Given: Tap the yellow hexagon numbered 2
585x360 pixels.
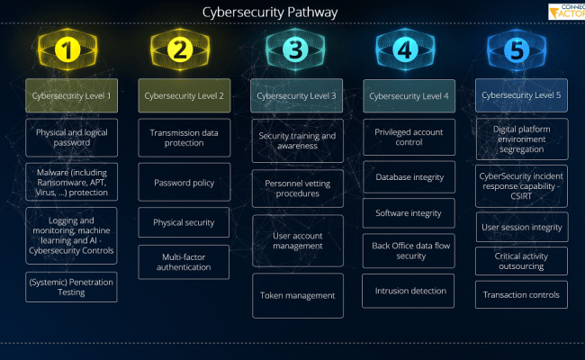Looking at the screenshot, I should [x=180, y=50].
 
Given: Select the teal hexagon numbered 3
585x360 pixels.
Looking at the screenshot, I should [x=293, y=50].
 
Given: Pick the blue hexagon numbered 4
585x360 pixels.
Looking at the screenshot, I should [x=405, y=50].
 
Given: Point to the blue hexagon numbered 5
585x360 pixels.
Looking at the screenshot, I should [x=517, y=50].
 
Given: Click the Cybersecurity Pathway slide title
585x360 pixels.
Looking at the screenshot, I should [x=270, y=12].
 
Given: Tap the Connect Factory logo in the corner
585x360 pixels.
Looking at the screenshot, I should [x=566, y=12].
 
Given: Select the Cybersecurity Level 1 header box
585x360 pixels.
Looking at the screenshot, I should [x=72, y=95].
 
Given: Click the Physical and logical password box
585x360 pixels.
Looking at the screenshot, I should [x=72, y=137].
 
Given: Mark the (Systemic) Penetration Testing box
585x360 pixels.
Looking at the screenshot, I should [x=72, y=287].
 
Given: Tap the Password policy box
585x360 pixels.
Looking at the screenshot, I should [x=184, y=183].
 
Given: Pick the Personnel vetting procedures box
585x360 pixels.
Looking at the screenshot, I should [x=297, y=187].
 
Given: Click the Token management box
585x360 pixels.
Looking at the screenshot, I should [x=297, y=295].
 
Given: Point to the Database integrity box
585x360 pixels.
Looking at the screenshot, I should [x=409, y=177].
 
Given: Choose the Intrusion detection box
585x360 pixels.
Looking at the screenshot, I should [x=409, y=291].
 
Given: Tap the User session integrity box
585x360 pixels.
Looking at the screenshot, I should [x=522, y=228].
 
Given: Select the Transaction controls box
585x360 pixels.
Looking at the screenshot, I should [x=522, y=295].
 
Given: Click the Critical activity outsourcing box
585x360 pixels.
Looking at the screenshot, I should [x=522, y=261].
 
